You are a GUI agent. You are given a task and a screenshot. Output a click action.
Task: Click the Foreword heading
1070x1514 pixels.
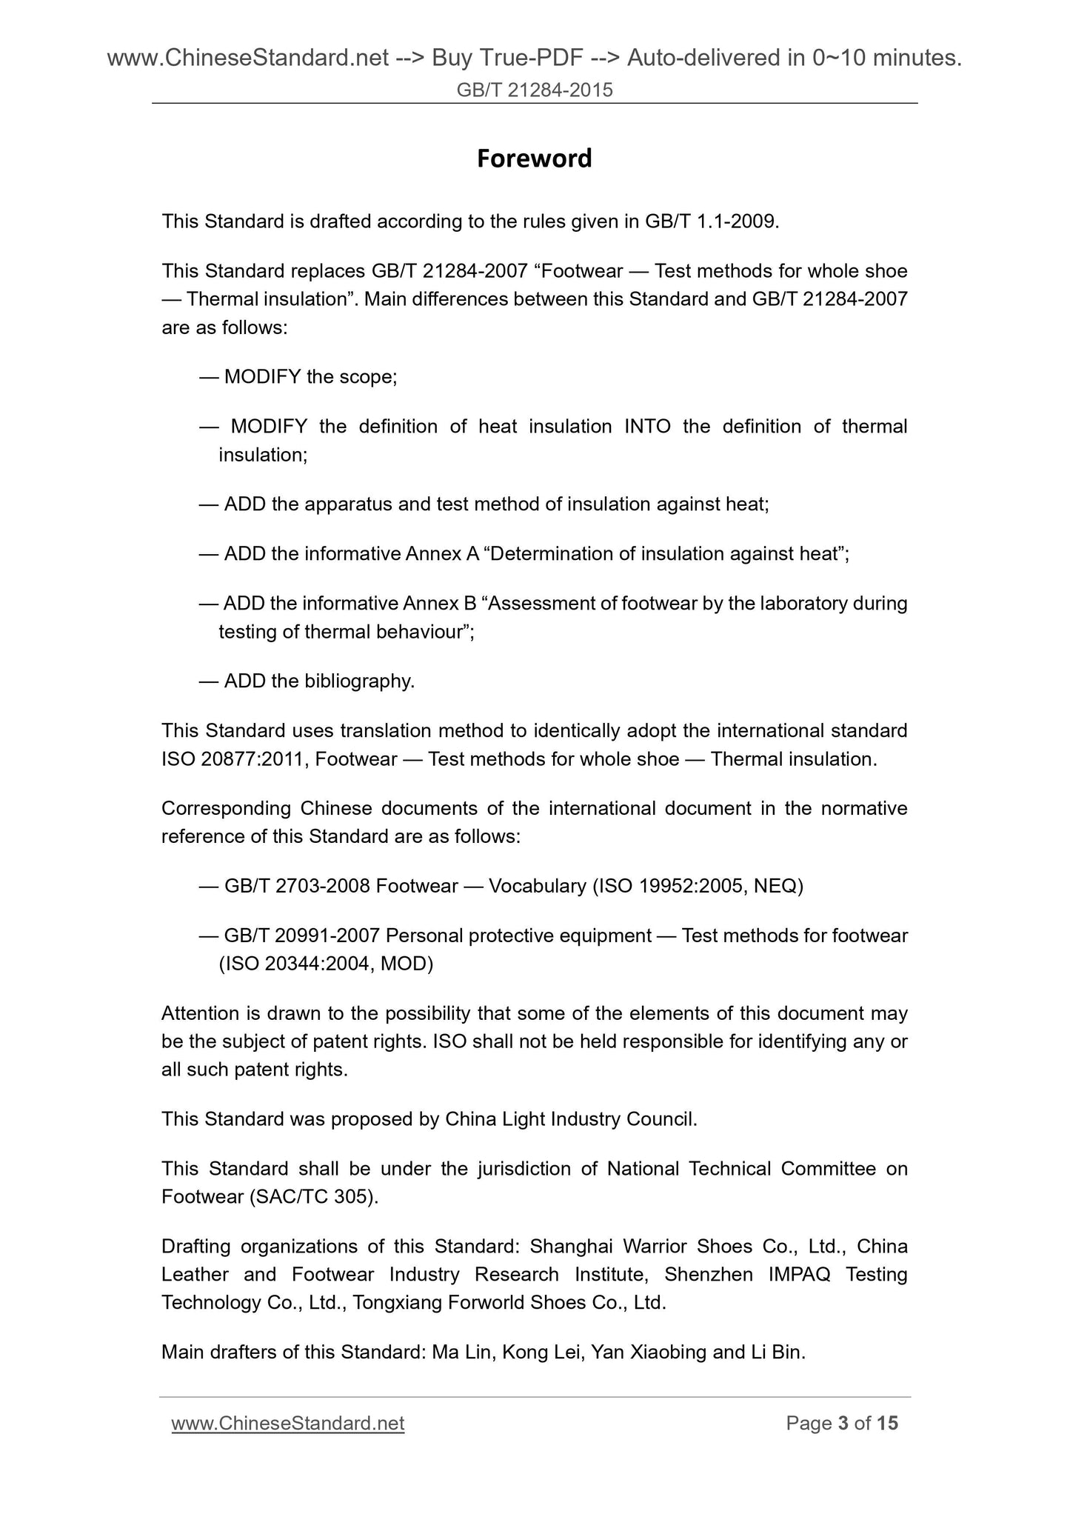click(x=534, y=159)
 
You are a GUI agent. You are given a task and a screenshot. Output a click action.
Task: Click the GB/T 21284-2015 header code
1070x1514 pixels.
click(x=535, y=90)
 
